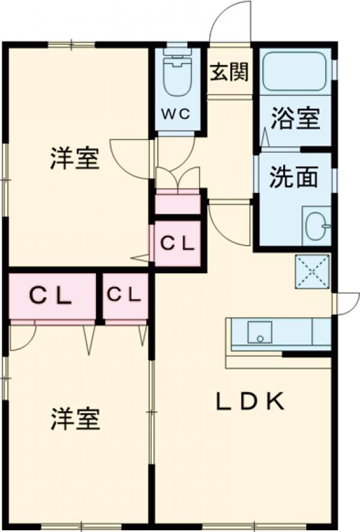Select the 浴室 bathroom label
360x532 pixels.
294,118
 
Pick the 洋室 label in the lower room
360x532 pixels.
74,419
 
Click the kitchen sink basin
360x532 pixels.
259,332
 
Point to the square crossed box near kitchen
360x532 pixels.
312,271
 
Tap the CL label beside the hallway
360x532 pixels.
177,243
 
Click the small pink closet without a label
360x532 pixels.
177,203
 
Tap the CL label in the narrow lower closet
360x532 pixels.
124,295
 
